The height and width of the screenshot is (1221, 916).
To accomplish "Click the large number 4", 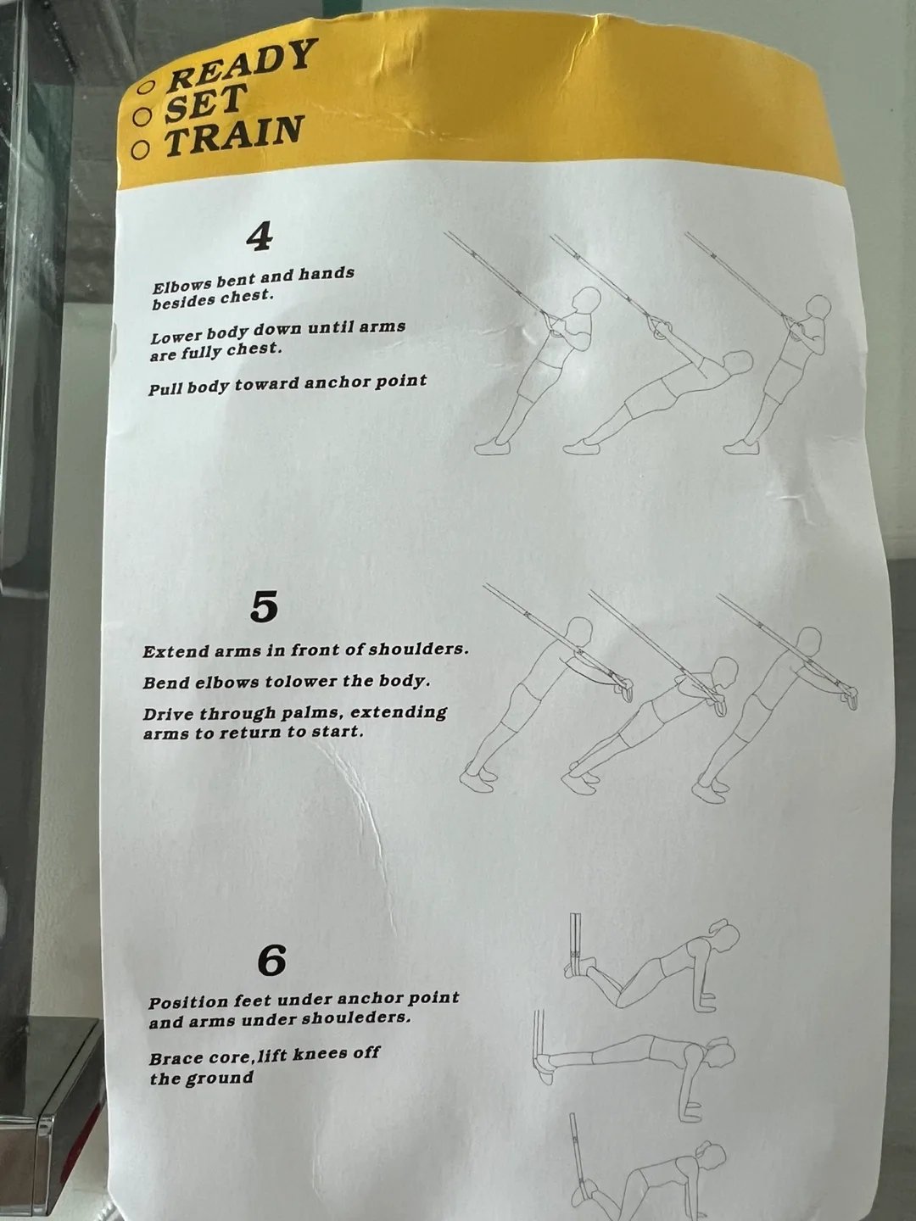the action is pyautogui.click(x=259, y=237).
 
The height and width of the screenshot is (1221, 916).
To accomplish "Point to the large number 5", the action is pyautogui.click(x=264, y=607).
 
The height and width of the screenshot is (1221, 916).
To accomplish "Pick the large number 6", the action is pyautogui.click(x=271, y=961).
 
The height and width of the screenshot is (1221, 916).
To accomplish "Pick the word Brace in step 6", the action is pyautogui.click(x=176, y=1058).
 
